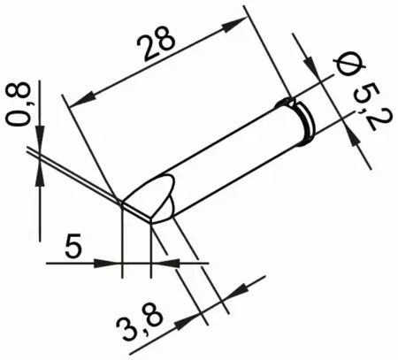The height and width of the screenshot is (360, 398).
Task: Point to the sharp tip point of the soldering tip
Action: (120, 203)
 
